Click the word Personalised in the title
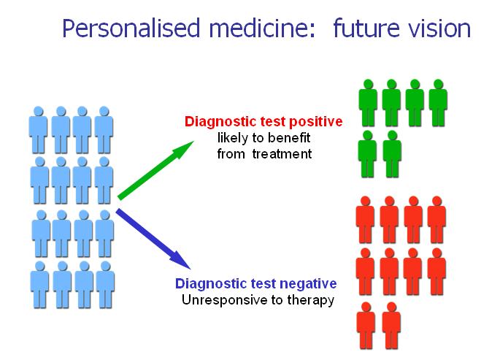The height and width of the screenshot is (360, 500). [x=131, y=28]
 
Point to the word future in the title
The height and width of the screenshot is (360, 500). [x=366, y=28]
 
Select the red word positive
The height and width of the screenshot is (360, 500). [x=315, y=122]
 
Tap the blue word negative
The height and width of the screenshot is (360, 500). [x=308, y=283]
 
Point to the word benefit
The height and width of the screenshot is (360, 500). [x=289, y=138]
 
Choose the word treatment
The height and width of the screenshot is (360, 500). [x=282, y=154]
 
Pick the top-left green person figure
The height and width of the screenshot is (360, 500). [x=368, y=103]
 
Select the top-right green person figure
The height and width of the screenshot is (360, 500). [x=438, y=103]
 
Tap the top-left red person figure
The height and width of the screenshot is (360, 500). [x=365, y=220]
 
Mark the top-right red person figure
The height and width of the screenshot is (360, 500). [x=436, y=220]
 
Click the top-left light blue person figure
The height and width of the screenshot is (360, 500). [x=38, y=130]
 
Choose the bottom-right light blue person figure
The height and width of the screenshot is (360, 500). [x=105, y=285]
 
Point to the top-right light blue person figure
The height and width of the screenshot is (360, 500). [x=104, y=130]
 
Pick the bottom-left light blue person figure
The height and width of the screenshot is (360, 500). [x=40, y=285]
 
